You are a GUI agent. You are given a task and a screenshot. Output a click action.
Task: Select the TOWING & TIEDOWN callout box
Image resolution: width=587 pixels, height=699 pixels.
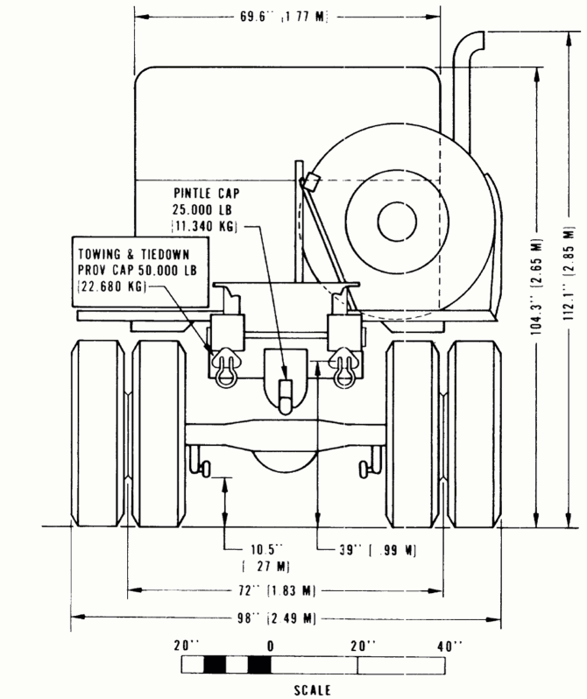(x=135, y=267)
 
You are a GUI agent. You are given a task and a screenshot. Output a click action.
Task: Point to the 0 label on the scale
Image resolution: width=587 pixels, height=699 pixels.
(x=272, y=646)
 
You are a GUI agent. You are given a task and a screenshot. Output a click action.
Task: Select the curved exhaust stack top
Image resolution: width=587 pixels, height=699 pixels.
(x=470, y=44)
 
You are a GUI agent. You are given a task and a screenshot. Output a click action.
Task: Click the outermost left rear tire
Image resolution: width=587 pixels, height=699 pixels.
(x=96, y=434)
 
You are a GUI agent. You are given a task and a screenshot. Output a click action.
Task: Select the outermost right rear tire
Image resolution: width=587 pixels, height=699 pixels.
(x=474, y=434)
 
